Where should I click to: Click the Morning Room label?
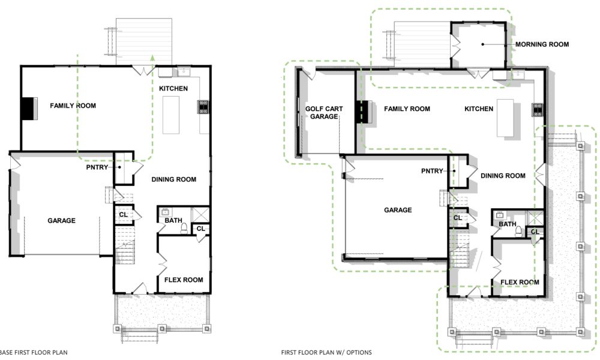click(542, 44)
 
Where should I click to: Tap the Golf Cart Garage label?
click(324, 112)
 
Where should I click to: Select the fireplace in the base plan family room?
click(29, 109)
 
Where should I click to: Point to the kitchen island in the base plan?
click(170, 115)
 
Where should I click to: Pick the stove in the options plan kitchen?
click(538, 110)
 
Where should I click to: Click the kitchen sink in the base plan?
click(184, 72)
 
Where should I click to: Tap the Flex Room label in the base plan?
click(184, 280)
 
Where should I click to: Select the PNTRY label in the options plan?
click(432, 171)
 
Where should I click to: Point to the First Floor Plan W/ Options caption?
click(326, 352)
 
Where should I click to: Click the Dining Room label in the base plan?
click(174, 179)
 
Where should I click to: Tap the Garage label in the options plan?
click(398, 209)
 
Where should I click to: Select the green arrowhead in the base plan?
click(152, 58)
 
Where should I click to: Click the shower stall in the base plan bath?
click(200, 214)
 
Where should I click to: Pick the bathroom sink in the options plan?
click(499, 215)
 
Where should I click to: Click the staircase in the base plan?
click(125, 245)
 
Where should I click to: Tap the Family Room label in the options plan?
click(407, 109)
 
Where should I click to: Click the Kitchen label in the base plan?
click(173, 88)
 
